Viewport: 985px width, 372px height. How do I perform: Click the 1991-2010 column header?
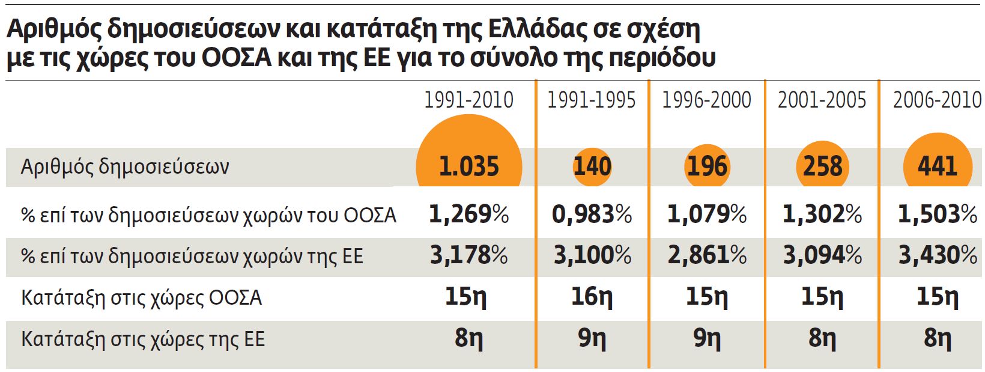coord(468,100)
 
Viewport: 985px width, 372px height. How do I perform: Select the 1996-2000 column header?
coord(706,100)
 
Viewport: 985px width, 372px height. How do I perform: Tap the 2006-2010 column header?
coord(937,100)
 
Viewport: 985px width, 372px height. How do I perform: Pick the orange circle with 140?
coord(592,166)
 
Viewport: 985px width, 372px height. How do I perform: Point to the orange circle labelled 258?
coord(822,166)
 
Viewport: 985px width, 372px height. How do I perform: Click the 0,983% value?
coord(592,215)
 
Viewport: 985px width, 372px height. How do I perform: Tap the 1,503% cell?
coord(938,215)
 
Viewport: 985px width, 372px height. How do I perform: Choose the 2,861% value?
coord(707,256)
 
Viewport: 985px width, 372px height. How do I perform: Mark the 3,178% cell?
coord(469,256)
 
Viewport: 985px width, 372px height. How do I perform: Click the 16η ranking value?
coord(592,297)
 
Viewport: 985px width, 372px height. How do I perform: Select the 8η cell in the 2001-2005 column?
coord(822,339)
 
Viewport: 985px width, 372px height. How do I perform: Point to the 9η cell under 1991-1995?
coord(592,339)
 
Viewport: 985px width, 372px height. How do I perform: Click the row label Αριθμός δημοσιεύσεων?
coord(125,166)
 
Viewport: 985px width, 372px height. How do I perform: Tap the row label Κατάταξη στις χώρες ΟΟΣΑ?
coord(142,298)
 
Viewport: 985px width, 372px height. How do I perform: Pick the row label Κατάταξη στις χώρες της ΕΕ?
coord(143,340)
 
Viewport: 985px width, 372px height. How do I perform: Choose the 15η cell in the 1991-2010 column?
coord(466,297)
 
